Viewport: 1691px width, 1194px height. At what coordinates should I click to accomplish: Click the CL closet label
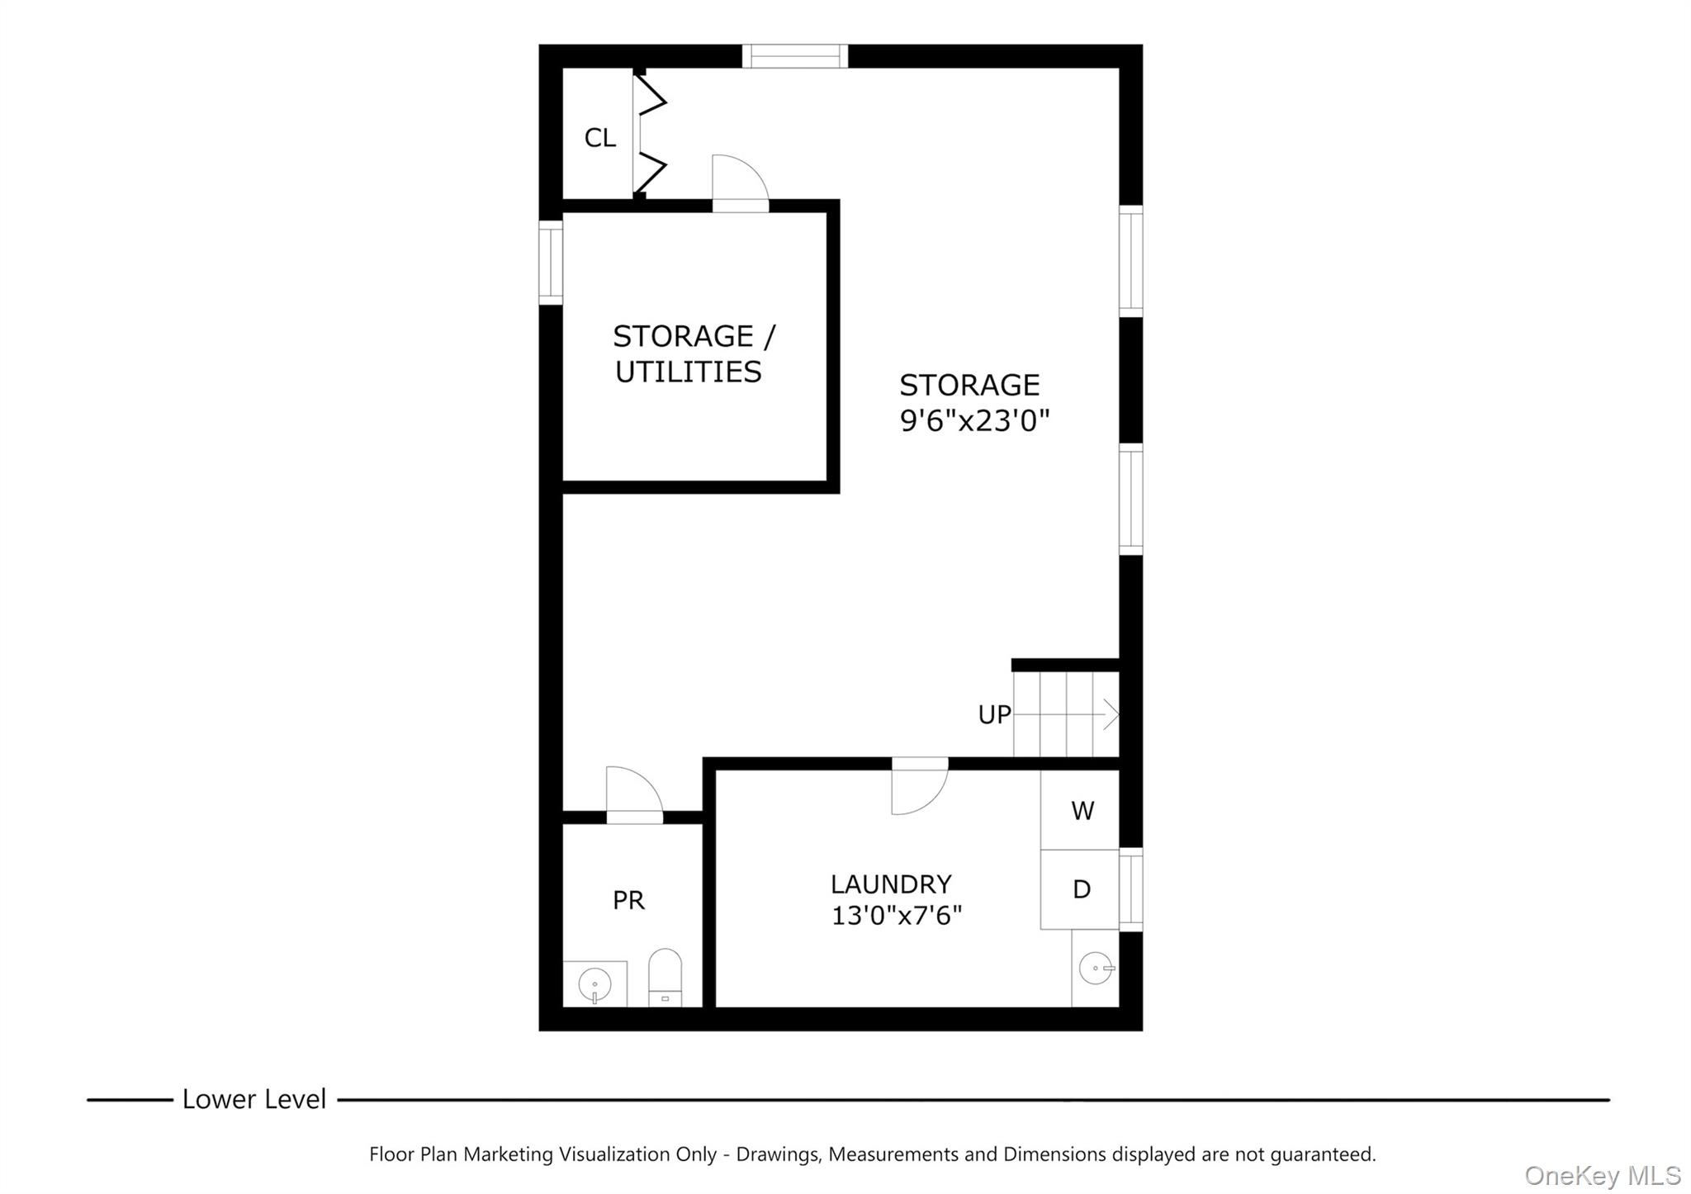599,138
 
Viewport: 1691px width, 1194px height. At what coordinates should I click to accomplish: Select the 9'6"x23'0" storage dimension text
973,422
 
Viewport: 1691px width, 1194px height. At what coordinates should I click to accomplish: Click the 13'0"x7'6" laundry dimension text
896,916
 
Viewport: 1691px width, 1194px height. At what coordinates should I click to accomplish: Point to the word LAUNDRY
891,884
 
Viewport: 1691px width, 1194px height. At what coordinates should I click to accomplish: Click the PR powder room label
628,900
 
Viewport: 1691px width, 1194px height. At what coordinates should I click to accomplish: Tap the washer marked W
1082,811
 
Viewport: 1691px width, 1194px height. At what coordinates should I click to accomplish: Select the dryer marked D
1081,889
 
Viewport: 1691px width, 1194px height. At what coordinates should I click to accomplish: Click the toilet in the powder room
665,979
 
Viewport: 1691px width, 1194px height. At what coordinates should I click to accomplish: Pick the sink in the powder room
594,985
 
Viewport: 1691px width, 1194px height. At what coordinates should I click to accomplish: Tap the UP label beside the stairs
994,715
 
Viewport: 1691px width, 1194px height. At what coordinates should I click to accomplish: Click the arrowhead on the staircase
1112,713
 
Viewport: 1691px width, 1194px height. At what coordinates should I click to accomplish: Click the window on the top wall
794,56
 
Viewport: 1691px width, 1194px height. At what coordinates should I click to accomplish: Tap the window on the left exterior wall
551,263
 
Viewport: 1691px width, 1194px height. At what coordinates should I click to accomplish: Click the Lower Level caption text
253,1100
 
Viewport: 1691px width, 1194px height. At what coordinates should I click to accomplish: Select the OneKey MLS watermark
1602,1175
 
